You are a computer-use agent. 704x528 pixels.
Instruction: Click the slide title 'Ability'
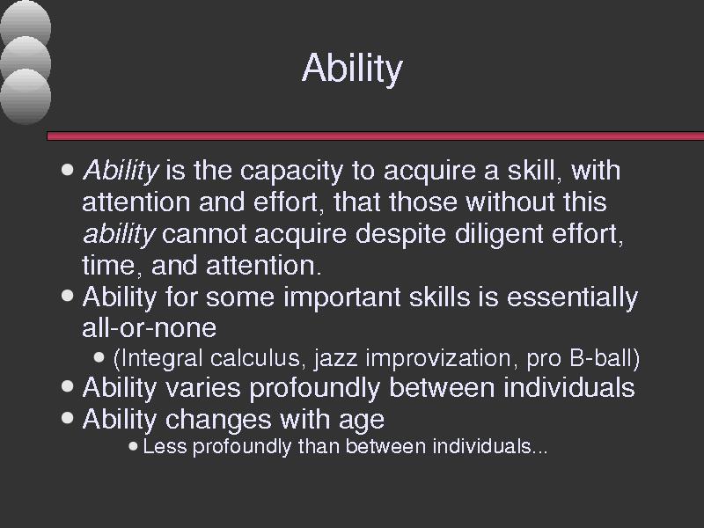coord(353,69)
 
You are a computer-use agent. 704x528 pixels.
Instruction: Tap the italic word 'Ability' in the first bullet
coord(121,171)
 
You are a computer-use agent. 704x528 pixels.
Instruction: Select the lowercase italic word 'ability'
coord(119,234)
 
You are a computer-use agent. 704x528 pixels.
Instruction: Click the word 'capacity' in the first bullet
coord(291,171)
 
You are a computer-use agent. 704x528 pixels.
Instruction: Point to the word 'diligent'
coord(499,234)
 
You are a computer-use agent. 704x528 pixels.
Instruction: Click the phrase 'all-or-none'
coord(149,327)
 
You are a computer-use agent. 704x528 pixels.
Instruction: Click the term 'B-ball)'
coord(605,358)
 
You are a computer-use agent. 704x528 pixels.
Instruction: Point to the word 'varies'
coord(203,387)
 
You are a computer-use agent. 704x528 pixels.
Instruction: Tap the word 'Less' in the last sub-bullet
coord(165,446)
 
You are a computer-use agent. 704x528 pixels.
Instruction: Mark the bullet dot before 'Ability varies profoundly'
coord(68,386)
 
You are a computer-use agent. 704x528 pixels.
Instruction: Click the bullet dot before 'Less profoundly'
coord(133,446)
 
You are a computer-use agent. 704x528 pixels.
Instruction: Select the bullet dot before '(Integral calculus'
coord(99,357)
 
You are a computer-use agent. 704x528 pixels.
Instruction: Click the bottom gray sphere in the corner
coord(26,97)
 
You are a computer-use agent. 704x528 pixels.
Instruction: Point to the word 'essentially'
coord(572,297)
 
